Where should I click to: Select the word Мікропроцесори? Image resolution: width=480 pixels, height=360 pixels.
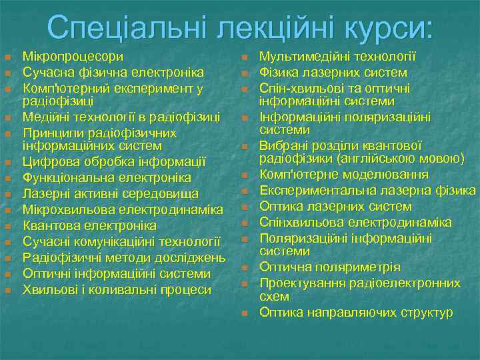point(73,56)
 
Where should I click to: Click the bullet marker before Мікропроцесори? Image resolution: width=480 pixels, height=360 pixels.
point(7,57)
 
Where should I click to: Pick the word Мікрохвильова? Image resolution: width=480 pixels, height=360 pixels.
point(65,209)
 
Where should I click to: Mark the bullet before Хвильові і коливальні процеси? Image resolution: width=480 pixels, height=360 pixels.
point(7,290)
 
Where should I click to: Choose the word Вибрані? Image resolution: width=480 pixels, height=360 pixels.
point(283,145)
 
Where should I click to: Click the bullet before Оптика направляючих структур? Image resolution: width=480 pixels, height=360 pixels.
point(245,313)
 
